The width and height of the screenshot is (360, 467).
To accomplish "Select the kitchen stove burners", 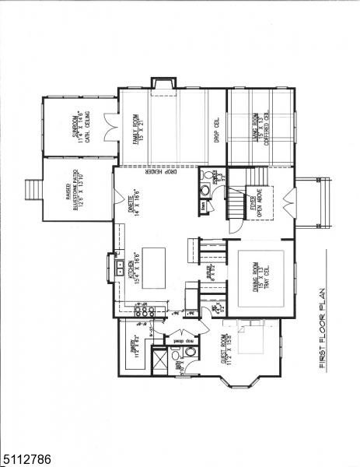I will [x=144, y=311].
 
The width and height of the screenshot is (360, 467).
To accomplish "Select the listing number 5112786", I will [x=27, y=458].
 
